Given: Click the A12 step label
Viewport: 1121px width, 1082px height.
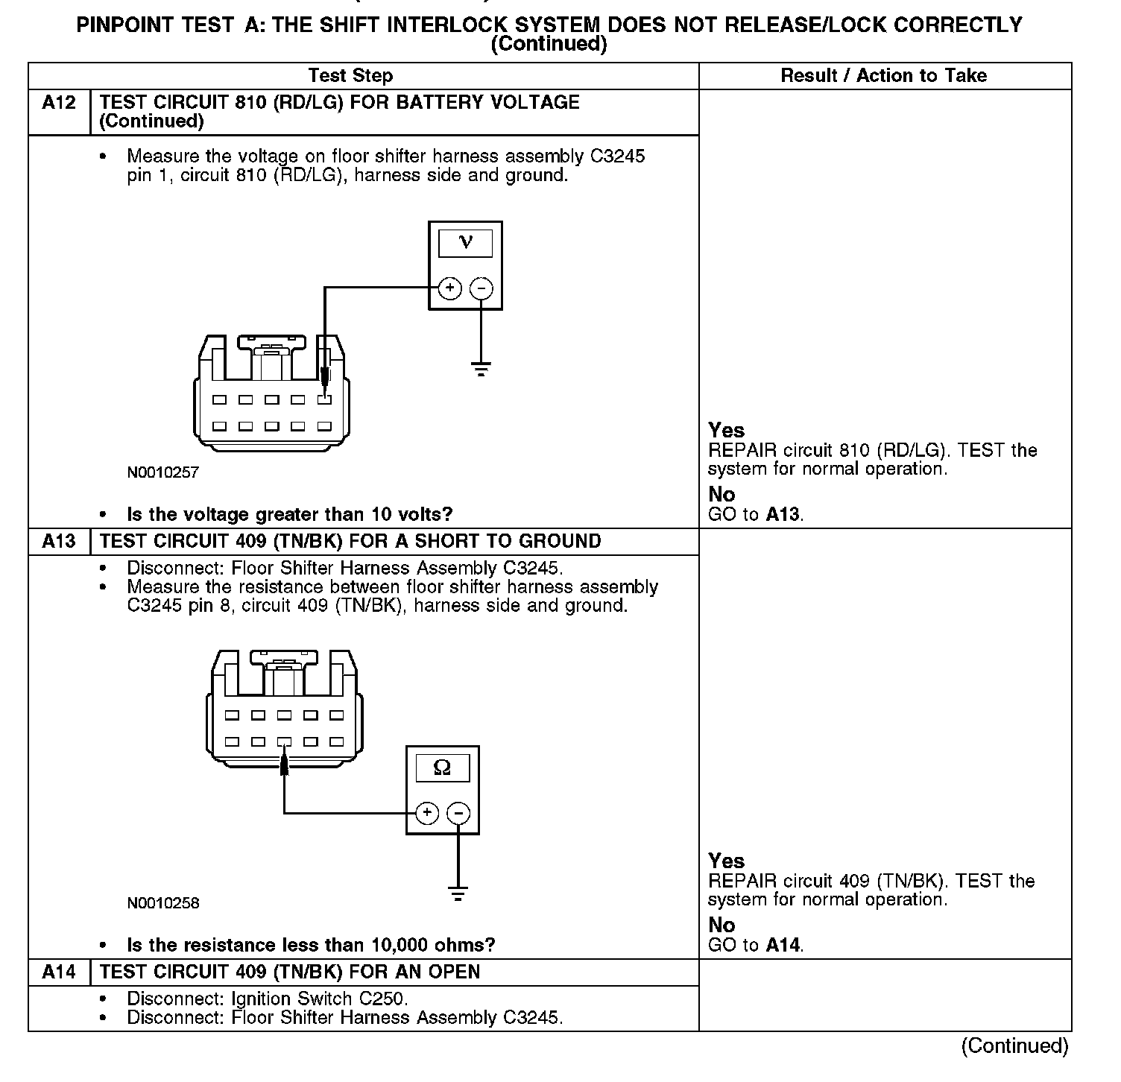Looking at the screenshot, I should tap(59, 103).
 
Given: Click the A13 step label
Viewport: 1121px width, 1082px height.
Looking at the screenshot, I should tap(59, 542).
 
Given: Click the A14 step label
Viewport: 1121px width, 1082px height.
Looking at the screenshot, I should tap(59, 972).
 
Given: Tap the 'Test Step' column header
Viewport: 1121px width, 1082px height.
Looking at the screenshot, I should tap(350, 76).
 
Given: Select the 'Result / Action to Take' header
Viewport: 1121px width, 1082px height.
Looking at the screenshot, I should tap(883, 76).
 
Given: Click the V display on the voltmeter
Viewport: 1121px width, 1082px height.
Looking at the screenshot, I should tap(466, 243).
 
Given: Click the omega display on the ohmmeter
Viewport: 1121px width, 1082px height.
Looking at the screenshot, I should tap(442, 768).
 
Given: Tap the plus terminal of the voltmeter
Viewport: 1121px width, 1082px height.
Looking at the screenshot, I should tap(449, 288).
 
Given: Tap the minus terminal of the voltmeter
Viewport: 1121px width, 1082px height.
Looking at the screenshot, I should tap(482, 288).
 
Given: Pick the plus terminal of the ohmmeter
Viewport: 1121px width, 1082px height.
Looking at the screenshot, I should tap(426, 812).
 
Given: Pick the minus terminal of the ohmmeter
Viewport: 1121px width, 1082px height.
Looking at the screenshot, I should tap(459, 812).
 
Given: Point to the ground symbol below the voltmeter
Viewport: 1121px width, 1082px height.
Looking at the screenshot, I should tap(481, 368).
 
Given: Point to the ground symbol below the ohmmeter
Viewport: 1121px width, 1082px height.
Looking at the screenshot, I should tap(458, 893).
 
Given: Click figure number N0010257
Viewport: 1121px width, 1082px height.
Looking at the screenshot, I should tap(163, 472).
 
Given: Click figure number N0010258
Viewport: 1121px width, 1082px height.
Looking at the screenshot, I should tap(163, 903).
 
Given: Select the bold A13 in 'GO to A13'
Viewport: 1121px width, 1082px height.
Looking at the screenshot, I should tap(783, 514).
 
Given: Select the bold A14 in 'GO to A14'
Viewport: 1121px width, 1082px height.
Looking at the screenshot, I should tap(783, 946).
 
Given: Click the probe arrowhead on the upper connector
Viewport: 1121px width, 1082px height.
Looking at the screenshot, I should tap(324, 379).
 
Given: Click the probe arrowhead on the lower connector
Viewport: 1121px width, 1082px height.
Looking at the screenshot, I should tap(284, 764).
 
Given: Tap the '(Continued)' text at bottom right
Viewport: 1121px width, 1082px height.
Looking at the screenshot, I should tap(1014, 1046).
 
